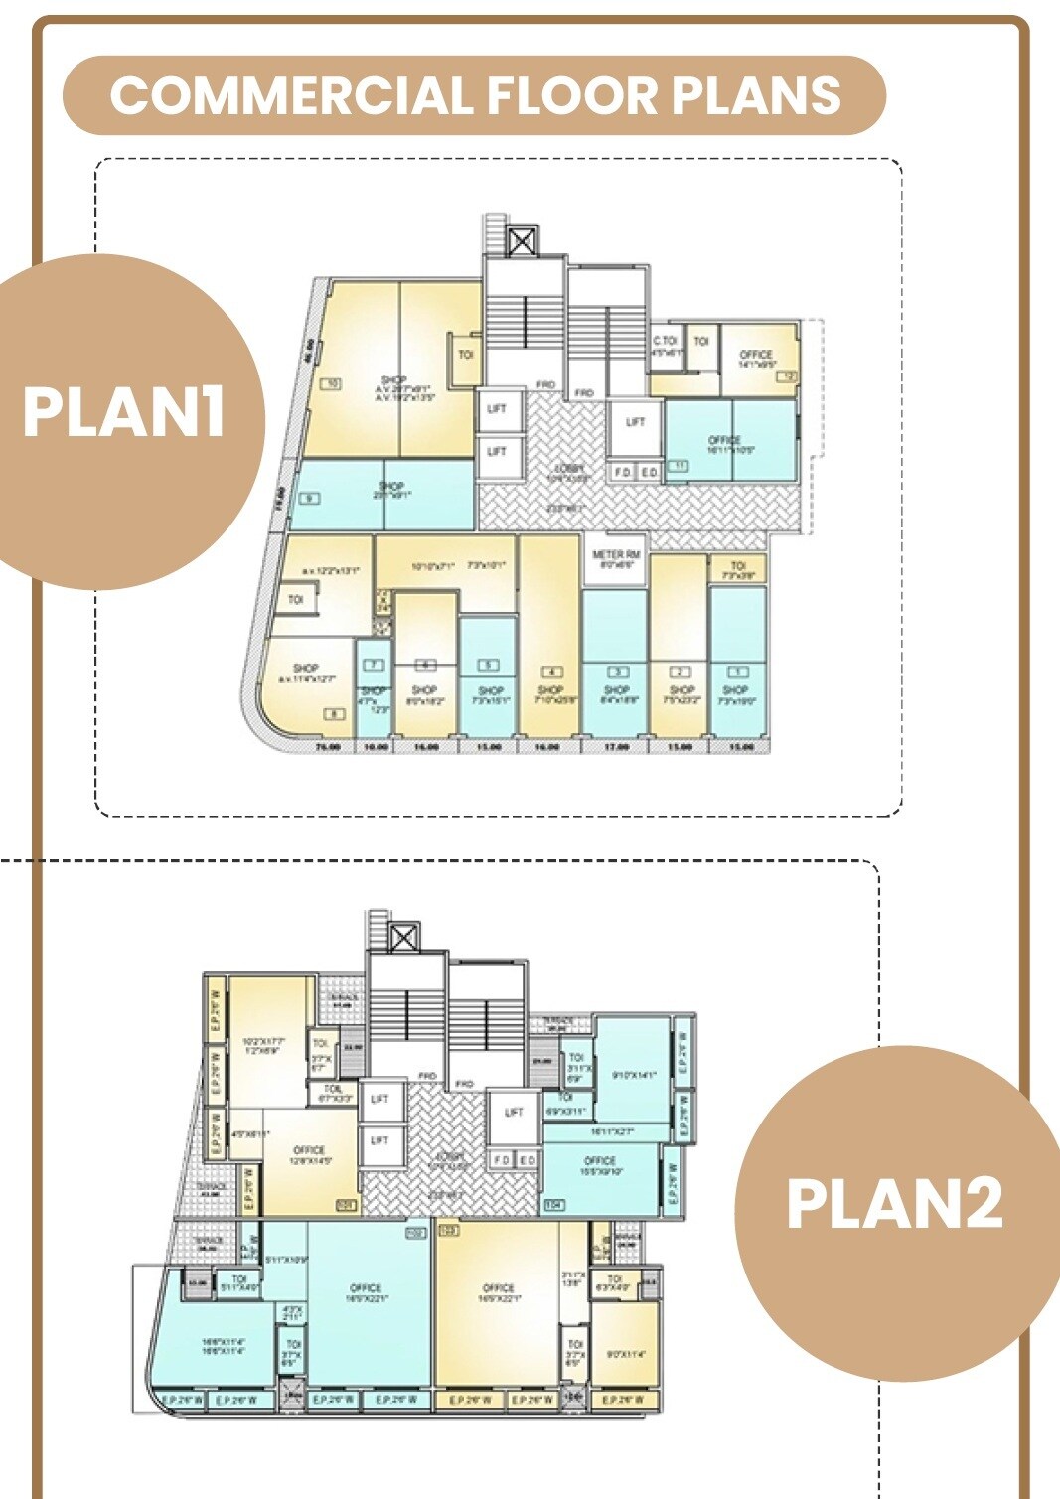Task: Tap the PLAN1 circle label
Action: pyautogui.click(x=123, y=411)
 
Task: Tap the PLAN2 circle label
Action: pyautogui.click(x=894, y=1203)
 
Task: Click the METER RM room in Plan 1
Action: pyautogui.click(x=616, y=559)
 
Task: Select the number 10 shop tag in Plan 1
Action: pyautogui.click(x=331, y=383)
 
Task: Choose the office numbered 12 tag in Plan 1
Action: pyautogui.click(x=787, y=376)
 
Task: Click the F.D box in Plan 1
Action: pyautogui.click(x=622, y=472)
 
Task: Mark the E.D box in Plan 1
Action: pyautogui.click(x=648, y=472)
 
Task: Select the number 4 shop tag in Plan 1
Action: pyautogui.click(x=550, y=673)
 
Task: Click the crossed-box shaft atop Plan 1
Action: pyautogui.click(x=522, y=241)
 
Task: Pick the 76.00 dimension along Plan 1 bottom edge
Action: pyautogui.click(x=328, y=746)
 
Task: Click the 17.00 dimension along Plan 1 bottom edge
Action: pyautogui.click(x=616, y=746)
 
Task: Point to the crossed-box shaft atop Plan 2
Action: pyautogui.click(x=403, y=937)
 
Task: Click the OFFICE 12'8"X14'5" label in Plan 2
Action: pyautogui.click(x=309, y=1154)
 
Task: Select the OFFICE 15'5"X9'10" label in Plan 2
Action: pyautogui.click(x=600, y=1165)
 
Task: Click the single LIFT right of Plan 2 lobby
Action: pyautogui.click(x=514, y=1112)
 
